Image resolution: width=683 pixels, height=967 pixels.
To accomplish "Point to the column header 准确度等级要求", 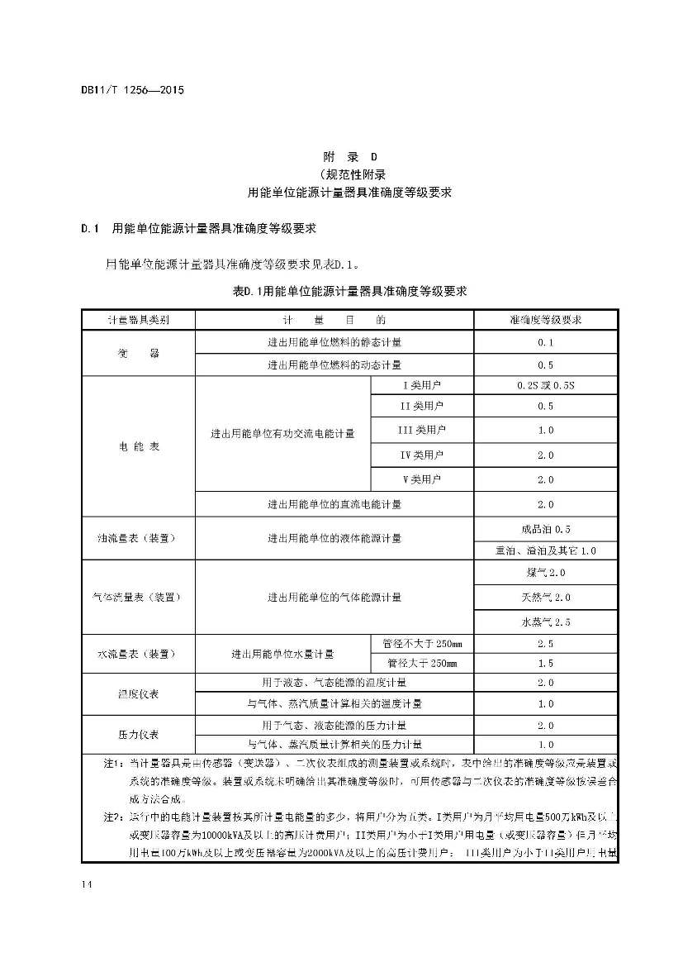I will (545, 319).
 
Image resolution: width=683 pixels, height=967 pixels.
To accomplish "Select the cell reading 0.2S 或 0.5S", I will (545, 385).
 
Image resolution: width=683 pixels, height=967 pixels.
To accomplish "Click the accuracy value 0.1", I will (545, 342).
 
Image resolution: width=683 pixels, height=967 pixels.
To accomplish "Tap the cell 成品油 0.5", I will (545, 529).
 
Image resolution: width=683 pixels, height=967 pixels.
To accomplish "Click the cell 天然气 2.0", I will (545, 598).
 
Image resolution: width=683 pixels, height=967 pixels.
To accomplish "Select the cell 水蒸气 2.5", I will (545, 622).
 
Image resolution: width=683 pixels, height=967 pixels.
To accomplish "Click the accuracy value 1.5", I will (545, 664).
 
